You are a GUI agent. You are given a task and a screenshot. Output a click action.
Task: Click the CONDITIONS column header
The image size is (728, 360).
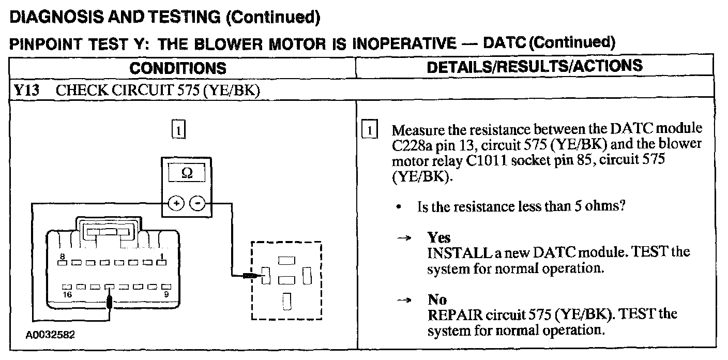[177, 68]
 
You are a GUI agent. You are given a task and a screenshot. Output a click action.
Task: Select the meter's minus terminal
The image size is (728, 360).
[197, 203]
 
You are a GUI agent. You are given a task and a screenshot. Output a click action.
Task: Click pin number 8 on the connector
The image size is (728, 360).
[62, 257]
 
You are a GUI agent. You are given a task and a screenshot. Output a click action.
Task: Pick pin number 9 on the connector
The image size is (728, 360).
[166, 293]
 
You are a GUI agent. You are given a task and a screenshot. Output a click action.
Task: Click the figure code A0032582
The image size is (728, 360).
[50, 335]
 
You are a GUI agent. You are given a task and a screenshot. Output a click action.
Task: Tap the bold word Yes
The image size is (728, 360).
[439, 238]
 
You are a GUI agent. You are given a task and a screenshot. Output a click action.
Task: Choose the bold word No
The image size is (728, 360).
[437, 300]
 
